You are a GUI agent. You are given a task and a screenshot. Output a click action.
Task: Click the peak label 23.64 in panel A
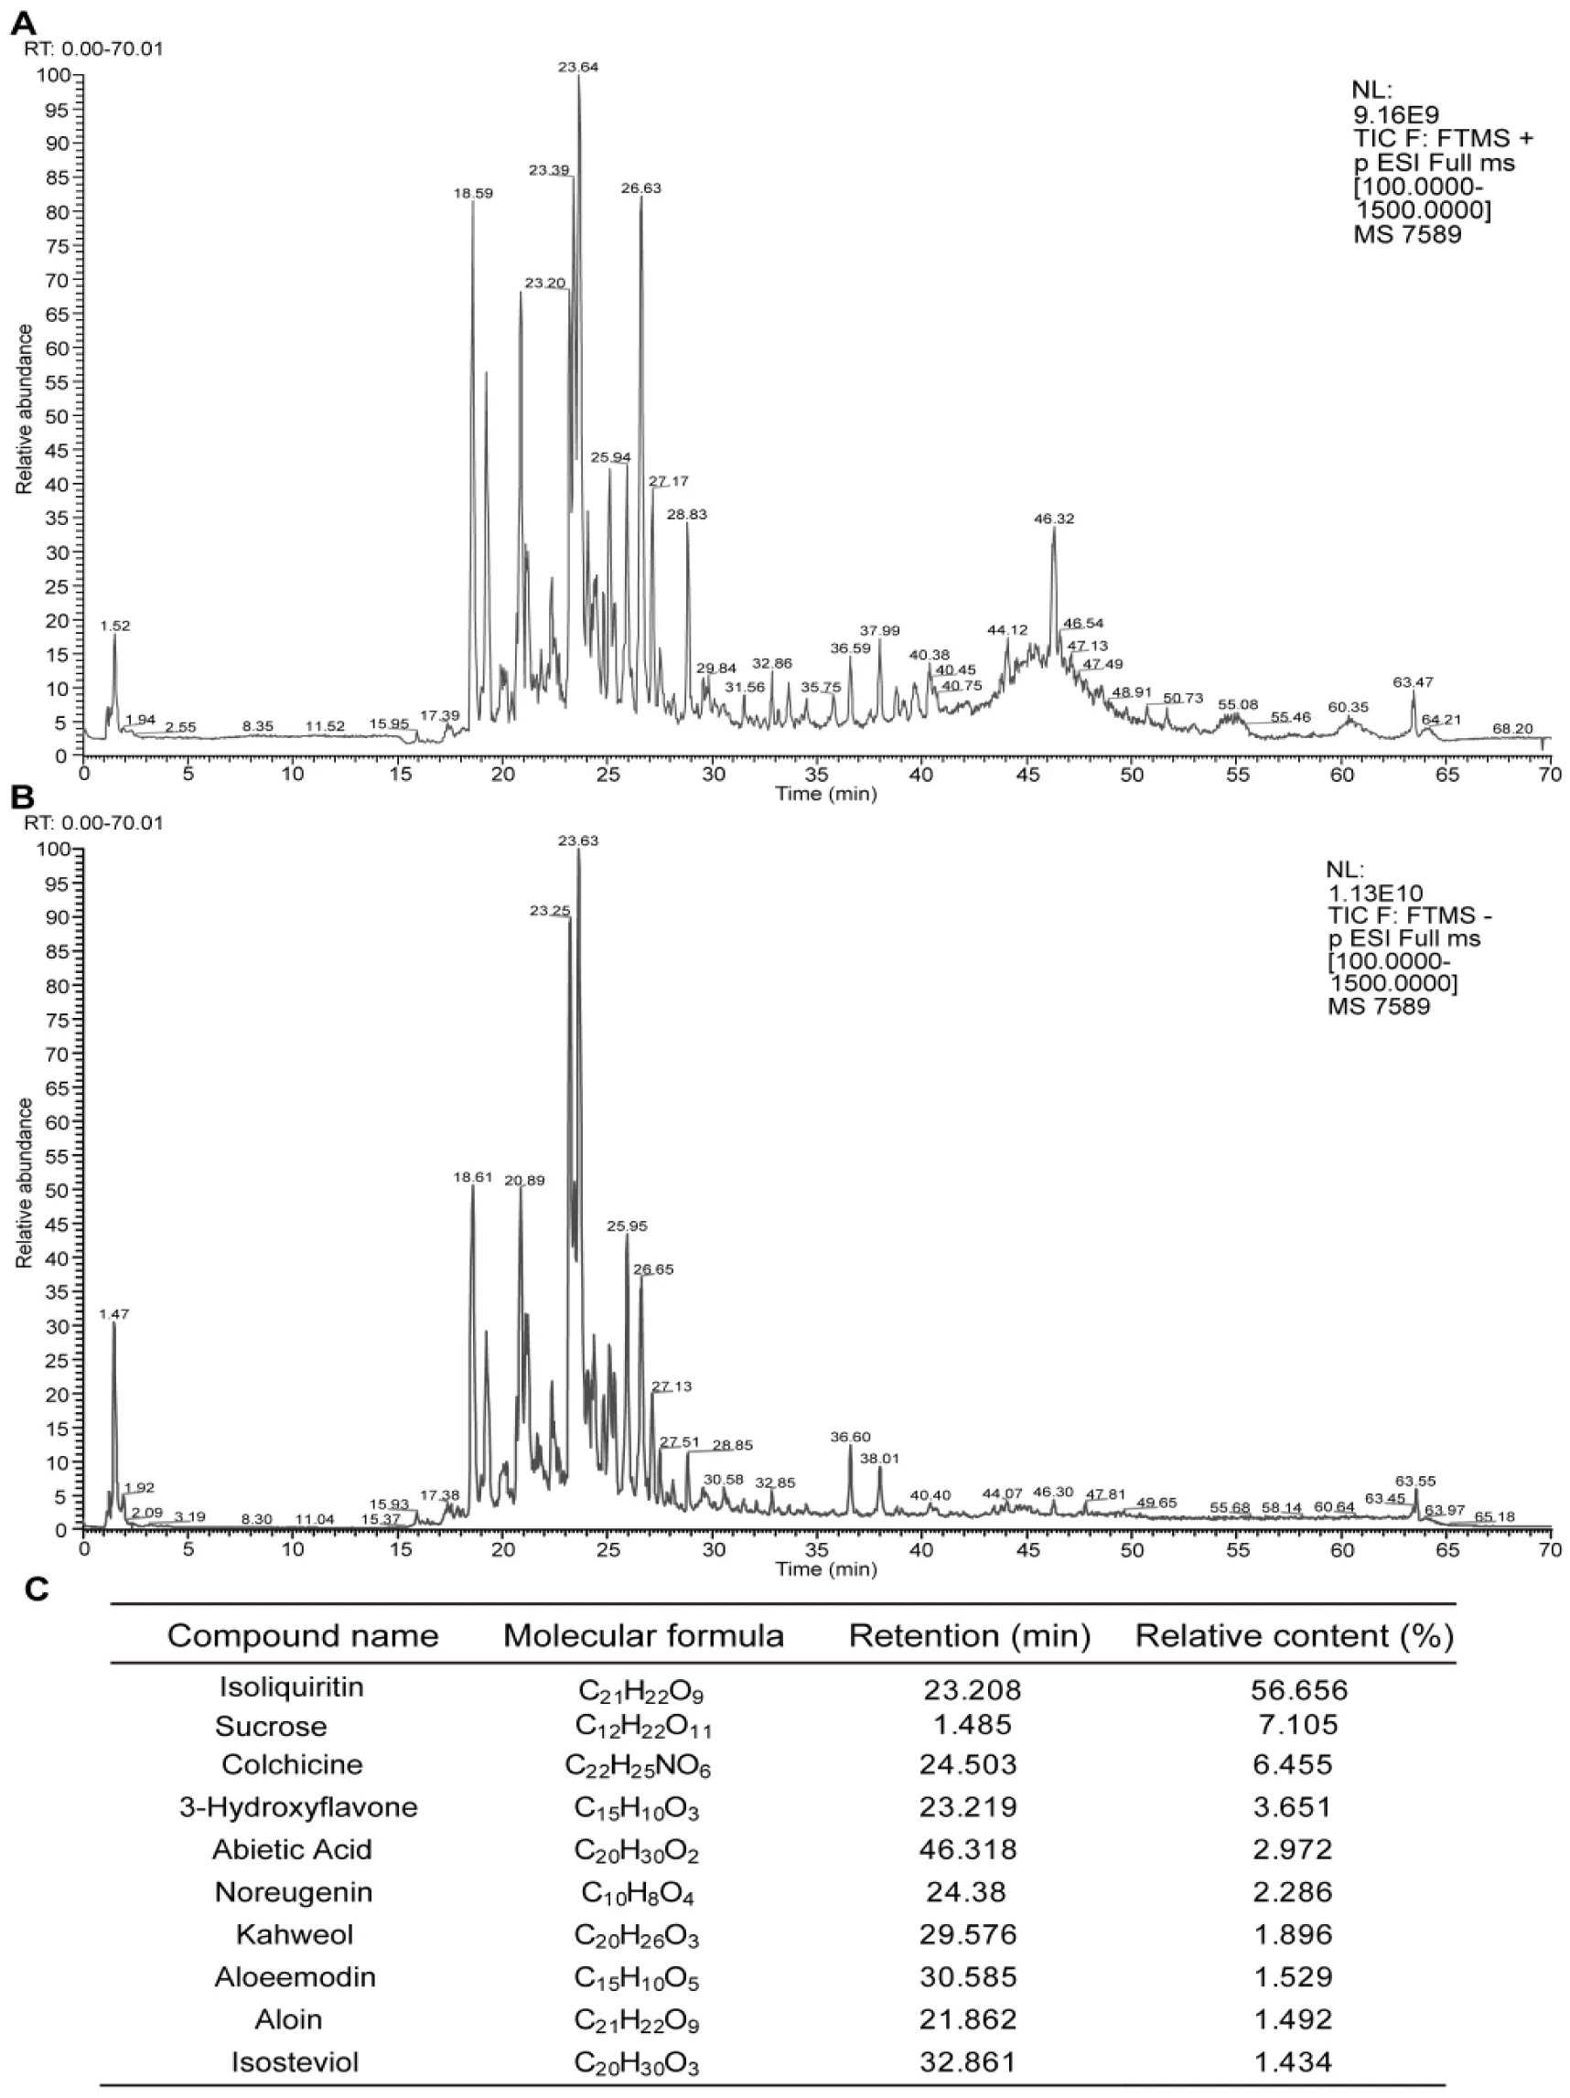577,68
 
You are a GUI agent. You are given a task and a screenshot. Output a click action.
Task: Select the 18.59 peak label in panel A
472,193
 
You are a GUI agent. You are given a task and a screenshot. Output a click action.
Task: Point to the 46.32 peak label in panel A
1054,519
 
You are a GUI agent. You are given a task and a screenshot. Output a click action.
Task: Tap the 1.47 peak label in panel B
113,1313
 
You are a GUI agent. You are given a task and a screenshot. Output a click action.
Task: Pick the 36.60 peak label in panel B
850,1437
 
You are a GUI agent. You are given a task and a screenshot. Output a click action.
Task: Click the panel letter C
36,1590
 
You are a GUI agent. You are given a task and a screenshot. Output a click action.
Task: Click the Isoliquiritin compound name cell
291,1687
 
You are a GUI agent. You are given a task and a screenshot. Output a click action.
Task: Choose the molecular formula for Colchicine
638,1766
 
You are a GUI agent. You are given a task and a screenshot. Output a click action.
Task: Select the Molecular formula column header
643,1636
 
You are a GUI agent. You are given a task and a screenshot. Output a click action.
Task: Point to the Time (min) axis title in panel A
825,794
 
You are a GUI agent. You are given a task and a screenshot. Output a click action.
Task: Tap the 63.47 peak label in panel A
1413,682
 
